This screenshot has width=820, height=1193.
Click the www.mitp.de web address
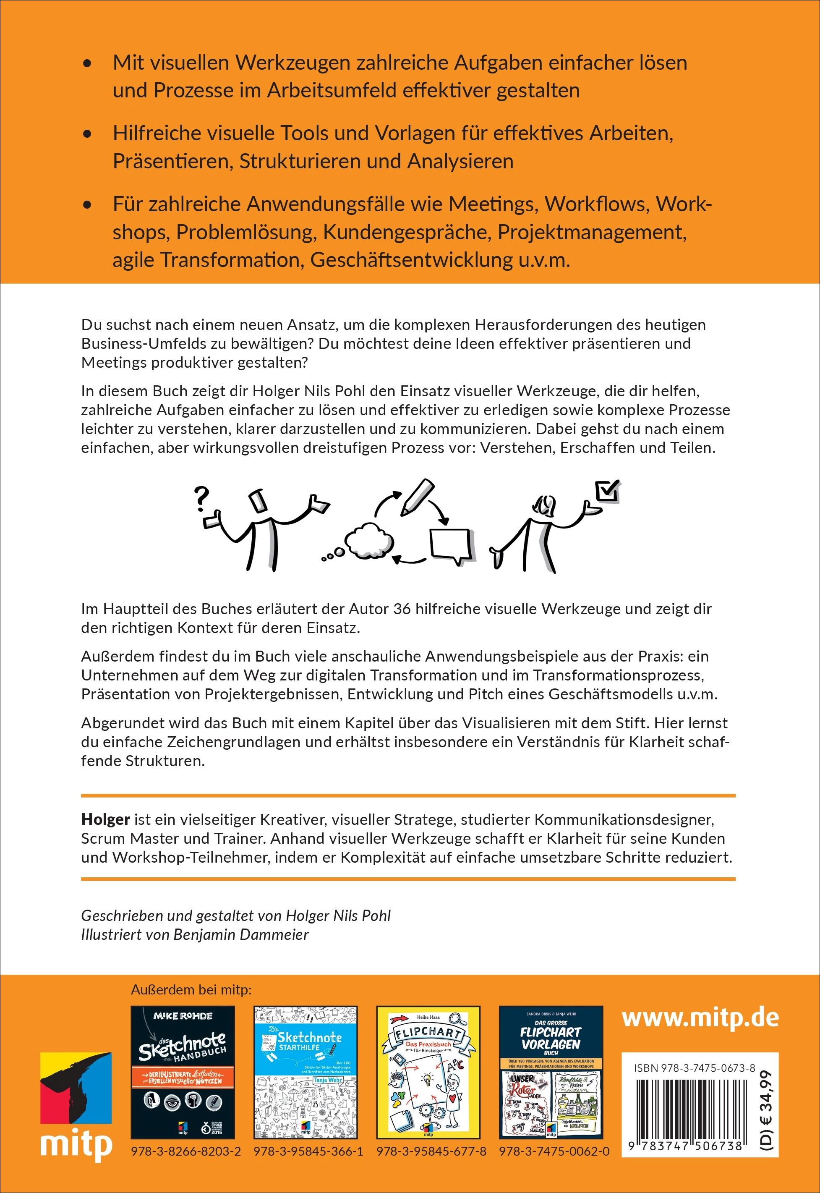point(700,1018)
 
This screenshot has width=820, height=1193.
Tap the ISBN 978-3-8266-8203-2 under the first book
point(186,1151)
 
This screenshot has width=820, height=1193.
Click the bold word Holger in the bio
point(105,819)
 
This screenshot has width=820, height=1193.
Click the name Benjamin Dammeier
point(241,934)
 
